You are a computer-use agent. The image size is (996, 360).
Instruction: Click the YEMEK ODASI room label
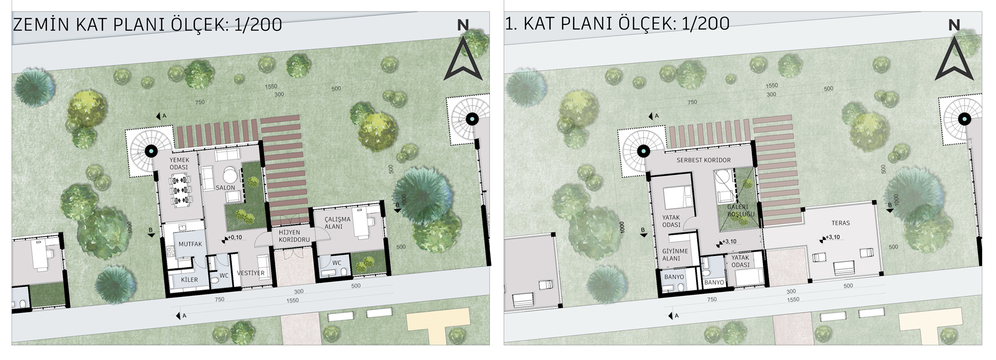point(179,164)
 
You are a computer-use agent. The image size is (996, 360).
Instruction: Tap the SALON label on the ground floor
point(225,188)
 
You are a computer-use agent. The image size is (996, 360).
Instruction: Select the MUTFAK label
point(190,244)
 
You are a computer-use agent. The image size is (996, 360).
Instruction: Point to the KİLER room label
point(189,280)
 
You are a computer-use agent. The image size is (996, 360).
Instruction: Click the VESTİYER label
point(251,273)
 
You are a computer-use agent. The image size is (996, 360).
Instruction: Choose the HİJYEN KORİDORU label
point(294,236)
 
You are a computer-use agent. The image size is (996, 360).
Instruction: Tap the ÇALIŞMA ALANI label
point(337,223)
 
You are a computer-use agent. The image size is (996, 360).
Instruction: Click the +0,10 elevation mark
point(233,238)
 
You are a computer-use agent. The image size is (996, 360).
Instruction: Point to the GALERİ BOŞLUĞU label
point(741,211)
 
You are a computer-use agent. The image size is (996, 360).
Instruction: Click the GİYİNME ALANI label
point(675,255)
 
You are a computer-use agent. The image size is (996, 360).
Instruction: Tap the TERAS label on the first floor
point(841,223)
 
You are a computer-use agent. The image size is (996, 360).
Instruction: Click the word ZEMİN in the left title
point(41,24)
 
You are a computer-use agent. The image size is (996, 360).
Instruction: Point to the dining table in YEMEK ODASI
point(180,190)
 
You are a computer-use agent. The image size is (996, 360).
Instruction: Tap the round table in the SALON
point(230,175)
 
